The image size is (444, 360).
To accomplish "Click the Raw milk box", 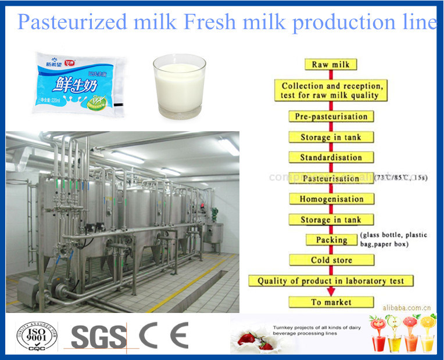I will [x=331, y=64].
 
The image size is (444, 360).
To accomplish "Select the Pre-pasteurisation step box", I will [x=331, y=116].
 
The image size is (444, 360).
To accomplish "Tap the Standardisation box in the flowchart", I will [x=331, y=157].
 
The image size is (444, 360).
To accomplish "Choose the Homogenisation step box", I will [x=331, y=199].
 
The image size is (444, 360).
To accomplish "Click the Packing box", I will [x=331, y=240].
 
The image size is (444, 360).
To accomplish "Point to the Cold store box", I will [x=331, y=260].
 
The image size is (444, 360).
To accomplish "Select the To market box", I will [x=331, y=302].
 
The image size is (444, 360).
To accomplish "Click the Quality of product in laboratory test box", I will [x=331, y=281].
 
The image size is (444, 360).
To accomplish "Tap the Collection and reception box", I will [x=331, y=90].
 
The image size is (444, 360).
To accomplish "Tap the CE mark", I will [x=163, y=336].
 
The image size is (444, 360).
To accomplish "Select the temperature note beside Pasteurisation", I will [x=402, y=177].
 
